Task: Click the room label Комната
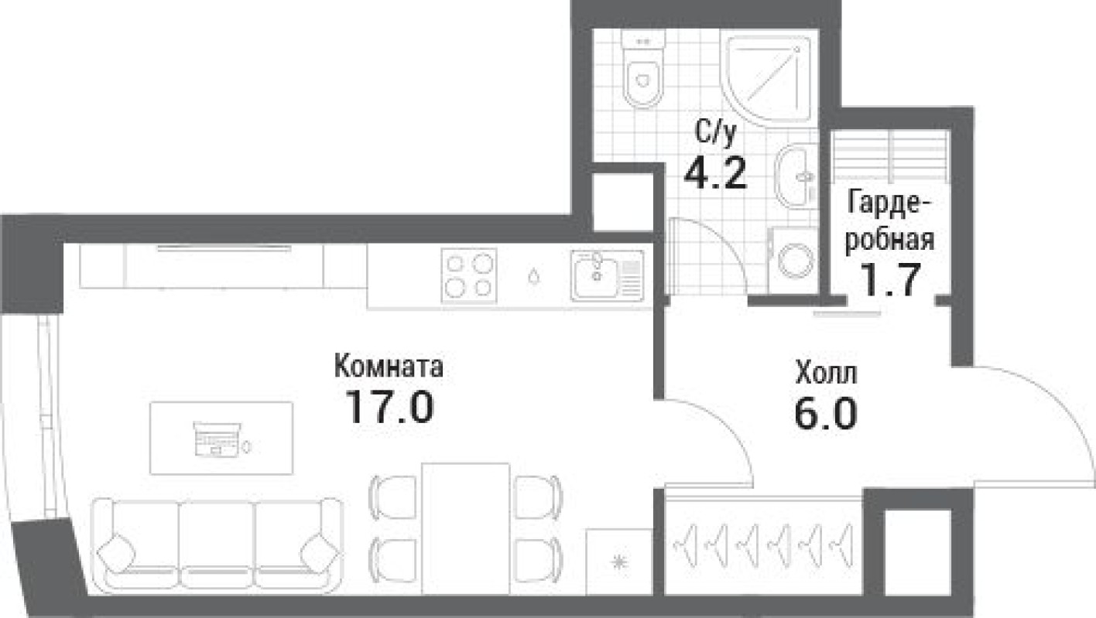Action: [x=389, y=367]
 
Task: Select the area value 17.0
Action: [x=389, y=407]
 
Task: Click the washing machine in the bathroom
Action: [x=794, y=260]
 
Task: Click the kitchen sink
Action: [x=607, y=275]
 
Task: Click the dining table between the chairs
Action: [x=465, y=526]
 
